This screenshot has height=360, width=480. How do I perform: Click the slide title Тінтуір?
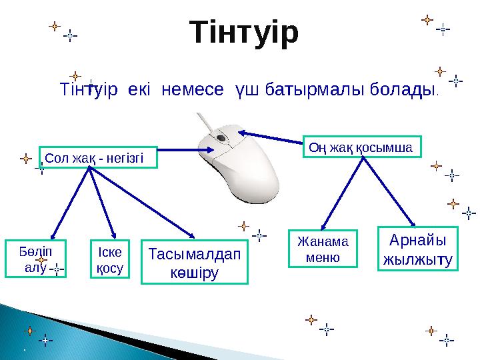[x=244, y=33]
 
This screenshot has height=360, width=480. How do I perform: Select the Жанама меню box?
[x=323, y=248]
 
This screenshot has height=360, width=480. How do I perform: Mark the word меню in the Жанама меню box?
[x=323, y=257]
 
